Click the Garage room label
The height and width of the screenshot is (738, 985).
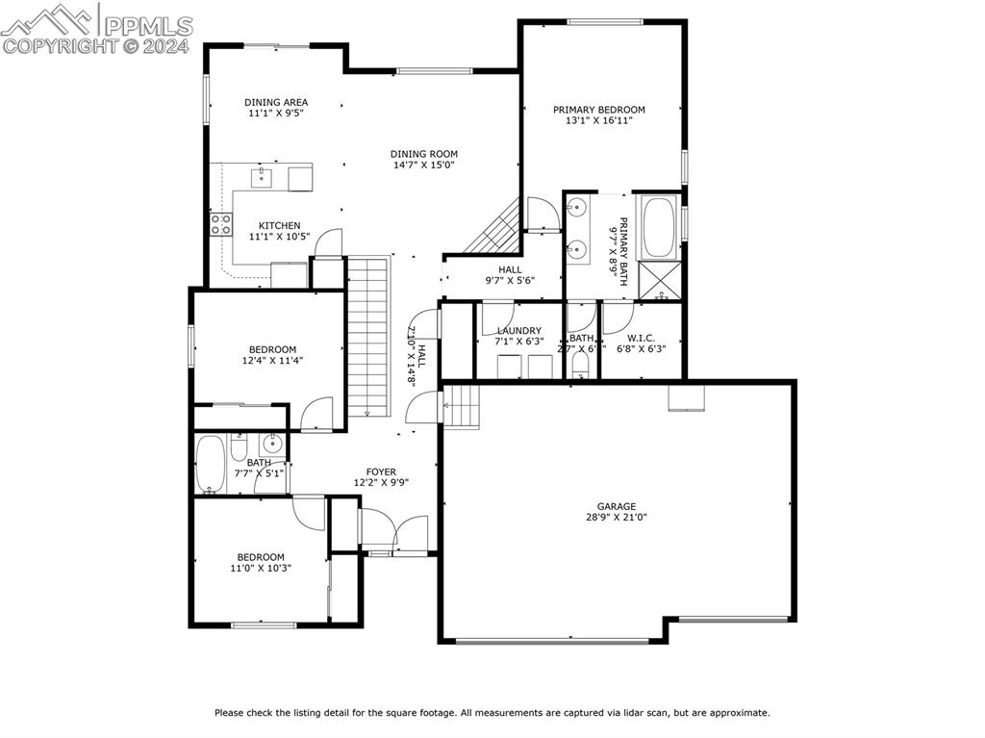tap(616, 506)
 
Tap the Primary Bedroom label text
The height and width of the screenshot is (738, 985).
tap(598, 110)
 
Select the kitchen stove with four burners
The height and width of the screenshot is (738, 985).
tap(221, 224)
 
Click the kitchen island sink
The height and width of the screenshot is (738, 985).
tap(262, 177)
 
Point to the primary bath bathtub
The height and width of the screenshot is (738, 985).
tap(660, 226)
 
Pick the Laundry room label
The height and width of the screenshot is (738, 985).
tap(518, 331)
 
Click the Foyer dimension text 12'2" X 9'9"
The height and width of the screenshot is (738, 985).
tap(381, 483)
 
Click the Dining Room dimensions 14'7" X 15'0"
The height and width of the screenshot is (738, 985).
tap(424, 165)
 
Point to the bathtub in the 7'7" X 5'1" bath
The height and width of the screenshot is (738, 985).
tap(209, 465)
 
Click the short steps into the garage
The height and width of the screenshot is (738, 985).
tap(462, 405)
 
